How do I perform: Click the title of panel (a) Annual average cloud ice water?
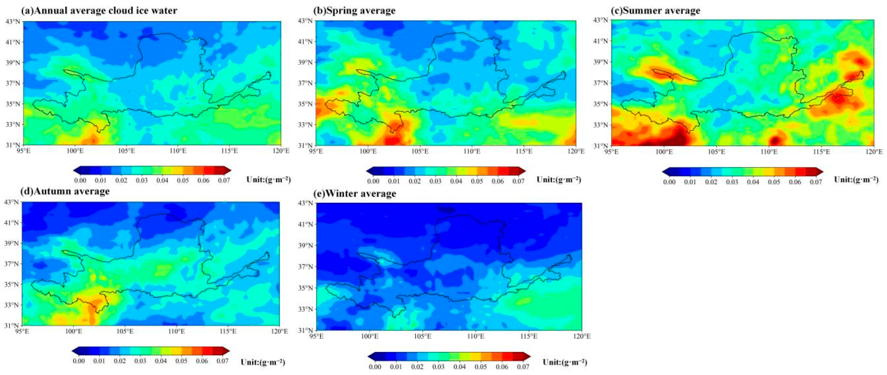99,11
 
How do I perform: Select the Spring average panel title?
354,11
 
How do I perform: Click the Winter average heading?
355,194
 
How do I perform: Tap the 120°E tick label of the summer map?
874,152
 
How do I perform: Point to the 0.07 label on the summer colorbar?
816,182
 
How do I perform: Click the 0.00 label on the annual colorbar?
80,180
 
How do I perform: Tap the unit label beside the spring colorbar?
559,179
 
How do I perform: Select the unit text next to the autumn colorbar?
263,362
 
